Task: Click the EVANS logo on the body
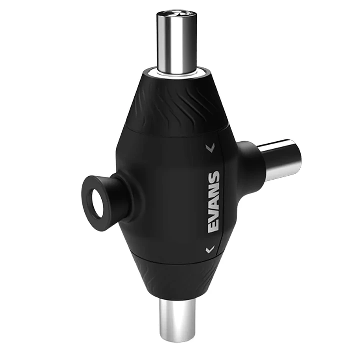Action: [214, 202]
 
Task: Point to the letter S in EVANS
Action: [214, 177]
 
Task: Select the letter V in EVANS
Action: [214, 215]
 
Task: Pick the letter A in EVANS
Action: [214, 203]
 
